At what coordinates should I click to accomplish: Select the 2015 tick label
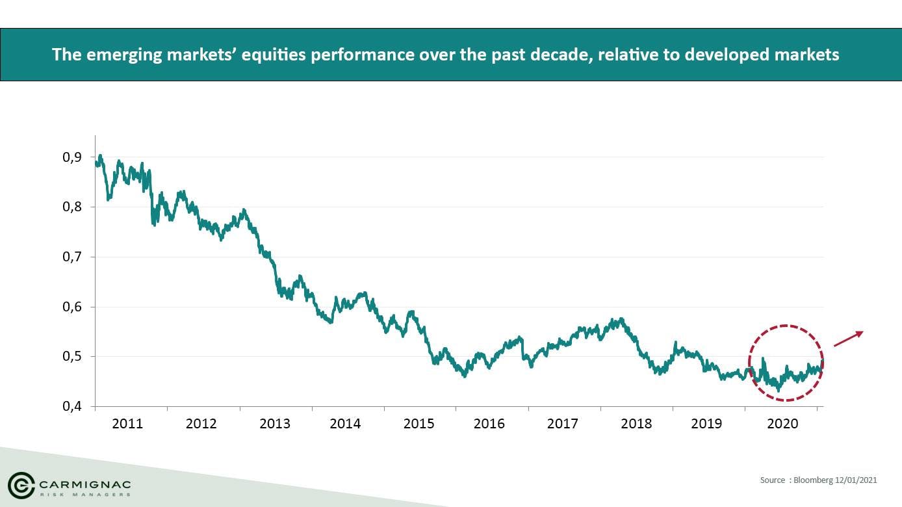[x=419, y=424]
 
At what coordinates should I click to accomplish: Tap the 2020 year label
[x=782, y=424]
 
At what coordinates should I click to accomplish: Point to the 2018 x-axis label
[x=636, y=424]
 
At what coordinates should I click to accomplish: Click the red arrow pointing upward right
[x=849, y=339]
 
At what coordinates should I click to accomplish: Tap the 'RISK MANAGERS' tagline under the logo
[x=84, y=495]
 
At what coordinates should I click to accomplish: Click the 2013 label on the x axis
[x=275, y=424]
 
